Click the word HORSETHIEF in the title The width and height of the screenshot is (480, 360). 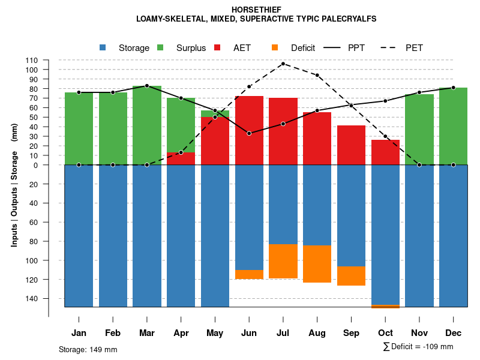256,10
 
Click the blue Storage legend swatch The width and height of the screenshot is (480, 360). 103,47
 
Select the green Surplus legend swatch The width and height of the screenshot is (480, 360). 160,47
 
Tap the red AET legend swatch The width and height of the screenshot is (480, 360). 217,47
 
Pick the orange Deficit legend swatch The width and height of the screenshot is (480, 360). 275,47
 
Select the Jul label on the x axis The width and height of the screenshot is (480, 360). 283,333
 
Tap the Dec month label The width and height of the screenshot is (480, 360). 453,333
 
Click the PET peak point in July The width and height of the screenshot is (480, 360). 283,64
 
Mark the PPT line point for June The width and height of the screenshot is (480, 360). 249,133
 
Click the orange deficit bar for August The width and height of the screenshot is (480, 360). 317,264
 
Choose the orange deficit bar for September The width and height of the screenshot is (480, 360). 351,276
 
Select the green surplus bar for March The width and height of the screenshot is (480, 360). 147,125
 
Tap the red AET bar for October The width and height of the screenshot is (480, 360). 385,152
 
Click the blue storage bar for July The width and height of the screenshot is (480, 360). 283,204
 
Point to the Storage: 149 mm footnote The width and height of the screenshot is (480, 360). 88,349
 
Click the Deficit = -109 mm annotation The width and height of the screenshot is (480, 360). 418,347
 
